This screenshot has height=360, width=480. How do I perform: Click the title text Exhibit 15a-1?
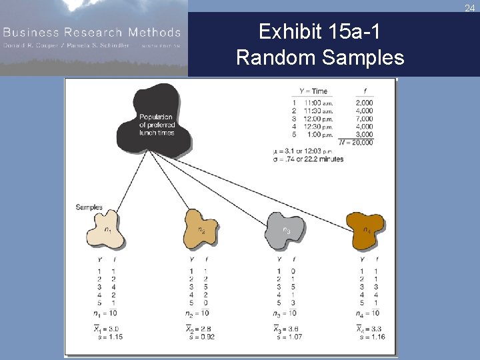point(319,32)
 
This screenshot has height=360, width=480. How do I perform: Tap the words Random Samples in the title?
point(319,58)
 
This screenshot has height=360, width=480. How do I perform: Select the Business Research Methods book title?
point(92,32)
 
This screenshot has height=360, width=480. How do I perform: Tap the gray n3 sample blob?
point(287,230)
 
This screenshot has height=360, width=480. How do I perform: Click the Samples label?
point(89,207)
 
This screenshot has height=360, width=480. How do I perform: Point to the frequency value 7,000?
point(365,119)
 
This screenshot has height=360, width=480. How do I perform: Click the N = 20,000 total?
point(356,143)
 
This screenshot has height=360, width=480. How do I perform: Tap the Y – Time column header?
point(313,91)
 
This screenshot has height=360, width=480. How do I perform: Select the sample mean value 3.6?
point(288,329)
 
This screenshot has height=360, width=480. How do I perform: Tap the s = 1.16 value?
point(371,337)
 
